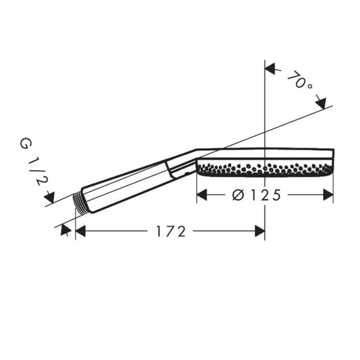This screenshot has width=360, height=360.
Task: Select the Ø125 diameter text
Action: click(256, 195)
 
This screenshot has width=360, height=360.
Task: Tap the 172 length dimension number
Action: click(171, 231)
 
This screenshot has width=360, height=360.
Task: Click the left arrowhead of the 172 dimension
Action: click(81, 231)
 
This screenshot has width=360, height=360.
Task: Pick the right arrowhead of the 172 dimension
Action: click(260, 231)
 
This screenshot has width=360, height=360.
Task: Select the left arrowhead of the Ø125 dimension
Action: click(202, 195)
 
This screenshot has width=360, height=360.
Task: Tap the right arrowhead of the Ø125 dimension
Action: click(328, 195)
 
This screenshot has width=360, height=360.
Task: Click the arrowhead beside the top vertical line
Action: click(270, 69)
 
